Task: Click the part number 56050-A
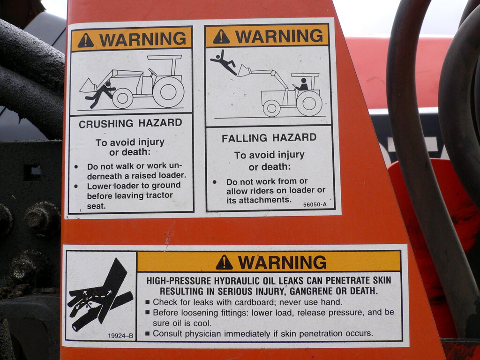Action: pyautogui.click(x=315, y=204)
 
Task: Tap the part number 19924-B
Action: pyautogui.click(x=120, y=336)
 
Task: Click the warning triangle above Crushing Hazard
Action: pyautogui.click(x=85, y=40)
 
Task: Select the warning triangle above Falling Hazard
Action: pyautogui.click(x=221, y=37)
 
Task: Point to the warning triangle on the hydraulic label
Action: pyautogui.click(x=224, y=262)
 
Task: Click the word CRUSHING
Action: pyautogui.click(x=106, y=124)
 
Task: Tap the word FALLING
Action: pyautogui.click(x=244, y=138)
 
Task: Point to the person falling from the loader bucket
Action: pyautogui.click(x=224, y=62)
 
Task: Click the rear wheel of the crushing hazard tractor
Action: pyautogui.click(x=168, y=92)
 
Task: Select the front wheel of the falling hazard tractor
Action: pyautogui.click(x=271, y=108)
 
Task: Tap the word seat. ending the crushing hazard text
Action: pyautogui.click(x=96, y=206)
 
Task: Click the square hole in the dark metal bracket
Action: pyautogui.click(x=32, y=172)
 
